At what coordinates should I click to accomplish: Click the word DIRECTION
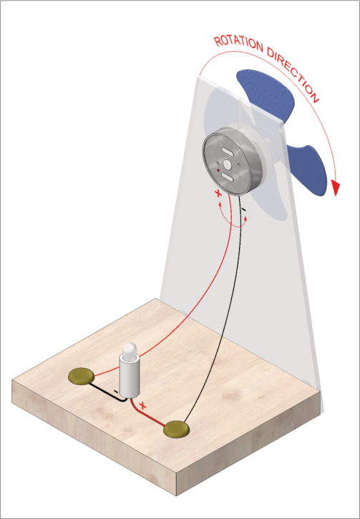click(x=293, y=74)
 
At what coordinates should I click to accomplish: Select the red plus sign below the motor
click(x=218, y=194)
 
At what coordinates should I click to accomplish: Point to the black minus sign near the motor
click(x=244, y=209)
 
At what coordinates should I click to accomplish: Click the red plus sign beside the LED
click(x=143, y=405)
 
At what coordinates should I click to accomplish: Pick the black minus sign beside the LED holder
click(x=115, y=392)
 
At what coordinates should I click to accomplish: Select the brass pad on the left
click(x=82, y=377)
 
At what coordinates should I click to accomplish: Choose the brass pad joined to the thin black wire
click(x=177, y=430)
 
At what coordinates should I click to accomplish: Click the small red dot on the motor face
click(x=218, y=170)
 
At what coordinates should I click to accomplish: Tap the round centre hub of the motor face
click(x=228, y=163)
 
